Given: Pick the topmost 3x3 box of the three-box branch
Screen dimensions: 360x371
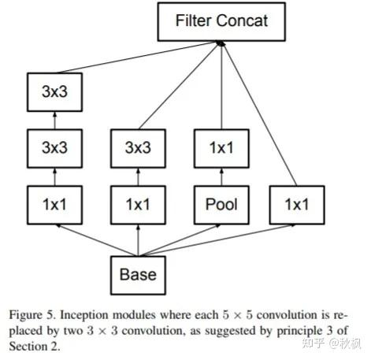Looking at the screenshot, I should pyautogui.click(x=54, y=91).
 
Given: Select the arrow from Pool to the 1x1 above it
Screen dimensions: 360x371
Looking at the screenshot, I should pyautogui.click(x=221, y=176).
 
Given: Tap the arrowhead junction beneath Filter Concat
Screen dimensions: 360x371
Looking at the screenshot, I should pyautogui.click(x=221, y=45).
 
